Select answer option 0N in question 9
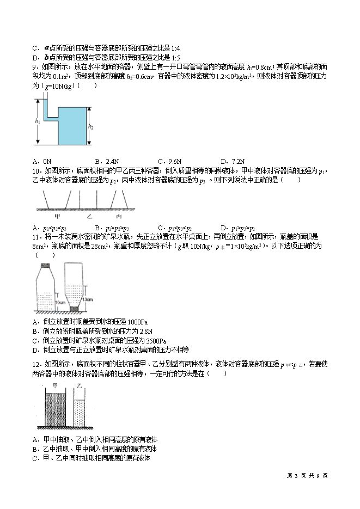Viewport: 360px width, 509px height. click(x=46, y=161)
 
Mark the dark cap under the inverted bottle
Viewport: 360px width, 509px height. click(x=74, y=309)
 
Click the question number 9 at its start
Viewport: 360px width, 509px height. click(x=34, y=68)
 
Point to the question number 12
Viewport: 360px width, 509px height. click(x=36, y=364)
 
